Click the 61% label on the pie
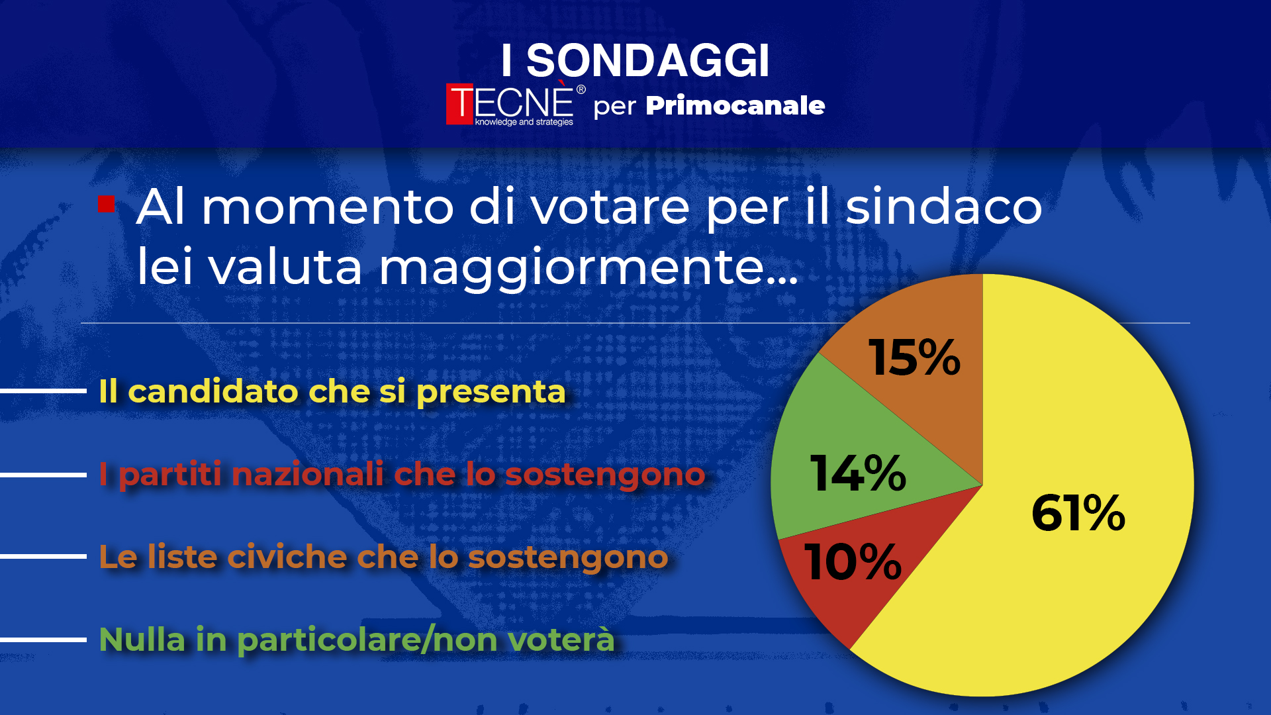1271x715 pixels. (x=1078, y=513)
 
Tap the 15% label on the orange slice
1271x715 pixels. (x=914, y=358)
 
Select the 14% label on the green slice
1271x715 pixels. (x=859, y=473)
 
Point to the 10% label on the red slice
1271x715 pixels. (x=853, y=562)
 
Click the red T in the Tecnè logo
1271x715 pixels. (x=460, y=104)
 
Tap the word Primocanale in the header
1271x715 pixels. (x=735, y=105)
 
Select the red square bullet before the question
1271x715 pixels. (x=107, y=204)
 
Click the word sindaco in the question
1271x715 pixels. (x=944, y=207)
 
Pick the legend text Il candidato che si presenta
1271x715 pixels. (x=332, y=391)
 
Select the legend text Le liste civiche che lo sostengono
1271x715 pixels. (x=383, y=557)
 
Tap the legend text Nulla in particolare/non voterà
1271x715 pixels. (x=357, y=640)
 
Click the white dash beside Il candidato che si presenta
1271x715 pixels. (x=43, y=391)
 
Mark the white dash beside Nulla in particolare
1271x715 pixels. (x=43, y=640)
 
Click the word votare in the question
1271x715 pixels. (x=610, y=207)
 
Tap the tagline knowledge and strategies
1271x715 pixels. (x=524, y=122)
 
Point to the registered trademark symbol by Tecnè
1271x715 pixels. (x=581, y=89)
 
